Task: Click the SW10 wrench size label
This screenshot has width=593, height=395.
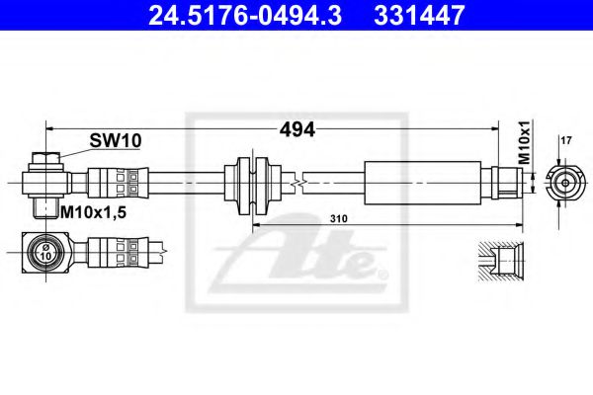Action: (x=110, y=141)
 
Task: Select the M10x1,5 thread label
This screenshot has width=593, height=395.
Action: (x=95, y=211)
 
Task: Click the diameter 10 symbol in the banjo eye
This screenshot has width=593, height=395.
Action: (x=44, y=253)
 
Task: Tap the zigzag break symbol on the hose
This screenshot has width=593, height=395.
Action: (x=296, y=182)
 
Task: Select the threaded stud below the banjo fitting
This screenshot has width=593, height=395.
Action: (x=45, y=206)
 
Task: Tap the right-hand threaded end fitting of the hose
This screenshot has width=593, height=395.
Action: (x=506, y=182)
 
